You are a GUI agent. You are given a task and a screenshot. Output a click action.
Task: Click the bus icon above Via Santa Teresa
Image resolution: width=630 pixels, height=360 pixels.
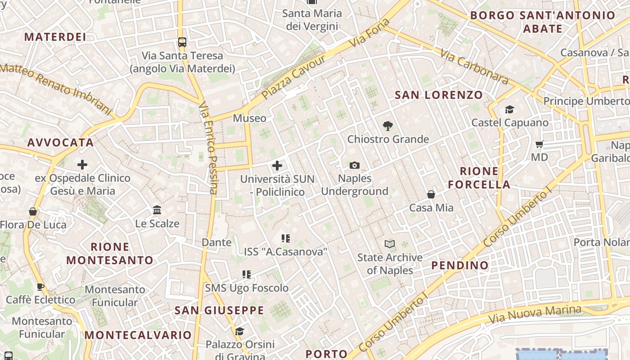pyautogui.click(x=182, y=42)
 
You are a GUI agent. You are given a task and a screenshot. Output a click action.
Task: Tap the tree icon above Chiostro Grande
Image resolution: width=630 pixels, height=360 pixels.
pyautogui.click(x=387, y=126)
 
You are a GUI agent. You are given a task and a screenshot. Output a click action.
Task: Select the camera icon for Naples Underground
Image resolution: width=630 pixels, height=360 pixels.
pyautogui.click(x=355, y=165)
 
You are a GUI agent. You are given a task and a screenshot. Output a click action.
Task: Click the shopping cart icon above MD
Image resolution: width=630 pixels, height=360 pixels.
pyautogui.click(x=540, y=144)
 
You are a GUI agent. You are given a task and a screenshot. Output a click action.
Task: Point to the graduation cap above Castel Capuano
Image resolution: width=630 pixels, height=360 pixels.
pyautogui.click(x=509, y=109)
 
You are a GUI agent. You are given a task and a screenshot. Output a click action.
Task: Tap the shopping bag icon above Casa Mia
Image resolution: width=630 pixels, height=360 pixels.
pyautogui.click(x=431, y=194)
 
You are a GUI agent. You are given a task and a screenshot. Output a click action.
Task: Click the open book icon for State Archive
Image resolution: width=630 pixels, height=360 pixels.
pyautogui.click(x=390, y=244)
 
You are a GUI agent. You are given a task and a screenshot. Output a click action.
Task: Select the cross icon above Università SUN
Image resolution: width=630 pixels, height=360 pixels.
pyautogui.click(x=277, y=166)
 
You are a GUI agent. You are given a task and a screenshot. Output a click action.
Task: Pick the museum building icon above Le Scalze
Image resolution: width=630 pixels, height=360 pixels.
pyautogui.click(x=157, y=210)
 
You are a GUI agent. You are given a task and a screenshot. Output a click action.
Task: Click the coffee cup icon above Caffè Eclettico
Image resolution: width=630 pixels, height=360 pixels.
pyautogui.click(x=40, y=287)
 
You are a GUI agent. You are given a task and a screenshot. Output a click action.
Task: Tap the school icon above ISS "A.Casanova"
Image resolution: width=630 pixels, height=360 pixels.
pyautogui.click(x=285, y=238)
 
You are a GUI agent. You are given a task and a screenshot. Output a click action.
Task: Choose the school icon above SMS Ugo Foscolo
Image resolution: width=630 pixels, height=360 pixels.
pyautogui.click(x=246, y=274)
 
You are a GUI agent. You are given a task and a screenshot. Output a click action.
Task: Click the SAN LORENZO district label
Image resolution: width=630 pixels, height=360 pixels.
pyautogui.click(x=438, y=95)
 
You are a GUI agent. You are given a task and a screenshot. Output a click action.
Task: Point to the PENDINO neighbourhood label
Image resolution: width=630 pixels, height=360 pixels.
pyautogui.click(x=460, y=265)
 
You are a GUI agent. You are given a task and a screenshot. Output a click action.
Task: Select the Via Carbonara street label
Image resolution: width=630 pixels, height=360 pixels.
pyautogui.click(x=474, y=67)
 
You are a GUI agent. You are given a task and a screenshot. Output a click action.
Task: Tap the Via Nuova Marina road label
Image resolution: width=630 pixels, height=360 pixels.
pyautogui.click(x=535, y=314)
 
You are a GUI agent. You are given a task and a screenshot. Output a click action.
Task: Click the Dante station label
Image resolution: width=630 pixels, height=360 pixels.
pyautogui.click(x=216, y=243)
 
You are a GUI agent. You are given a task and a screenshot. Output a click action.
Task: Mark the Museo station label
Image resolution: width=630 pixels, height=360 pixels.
pyautogui.click(x=249, y=118)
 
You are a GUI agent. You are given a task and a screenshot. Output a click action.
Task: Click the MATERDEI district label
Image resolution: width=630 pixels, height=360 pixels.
pyautogui.click(x=55, y=37)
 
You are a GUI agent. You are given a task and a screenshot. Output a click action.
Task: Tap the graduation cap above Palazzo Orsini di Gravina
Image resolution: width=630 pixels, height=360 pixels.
pyautogui.click(x=239, y=332)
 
